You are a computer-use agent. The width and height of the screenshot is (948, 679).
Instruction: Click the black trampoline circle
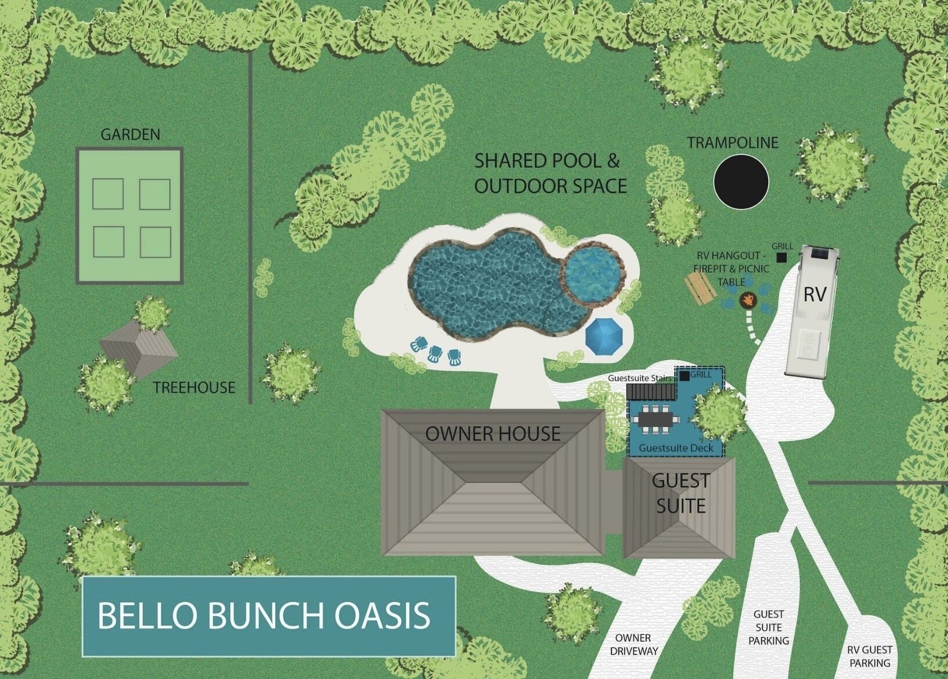point(741,182)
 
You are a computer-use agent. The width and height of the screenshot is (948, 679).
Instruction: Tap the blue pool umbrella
point(604,337)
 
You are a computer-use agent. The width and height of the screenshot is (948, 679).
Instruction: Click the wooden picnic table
point(700,288)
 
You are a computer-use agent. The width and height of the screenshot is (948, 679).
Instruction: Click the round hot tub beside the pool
point(593,275)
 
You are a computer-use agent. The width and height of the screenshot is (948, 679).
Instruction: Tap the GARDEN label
point(131,135)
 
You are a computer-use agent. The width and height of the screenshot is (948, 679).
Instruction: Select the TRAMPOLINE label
point(733,143)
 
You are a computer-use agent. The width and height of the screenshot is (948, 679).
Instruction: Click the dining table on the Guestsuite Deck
point(655,419)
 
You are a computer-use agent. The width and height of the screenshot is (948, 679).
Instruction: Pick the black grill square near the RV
point(781,257)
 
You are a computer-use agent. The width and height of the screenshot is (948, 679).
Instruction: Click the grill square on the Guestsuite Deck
point(685,375)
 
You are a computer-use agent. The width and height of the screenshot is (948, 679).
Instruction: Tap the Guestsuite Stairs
point(651,391)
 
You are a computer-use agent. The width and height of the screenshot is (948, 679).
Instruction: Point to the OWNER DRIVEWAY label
point(633,644)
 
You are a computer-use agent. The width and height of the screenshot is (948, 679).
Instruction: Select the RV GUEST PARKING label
point(870,656)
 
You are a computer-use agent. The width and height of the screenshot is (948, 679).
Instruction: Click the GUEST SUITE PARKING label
point(769,627)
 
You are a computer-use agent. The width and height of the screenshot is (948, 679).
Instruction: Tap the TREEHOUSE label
point(194,388)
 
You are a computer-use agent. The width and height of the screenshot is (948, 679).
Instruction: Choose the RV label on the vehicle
point(814,295)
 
